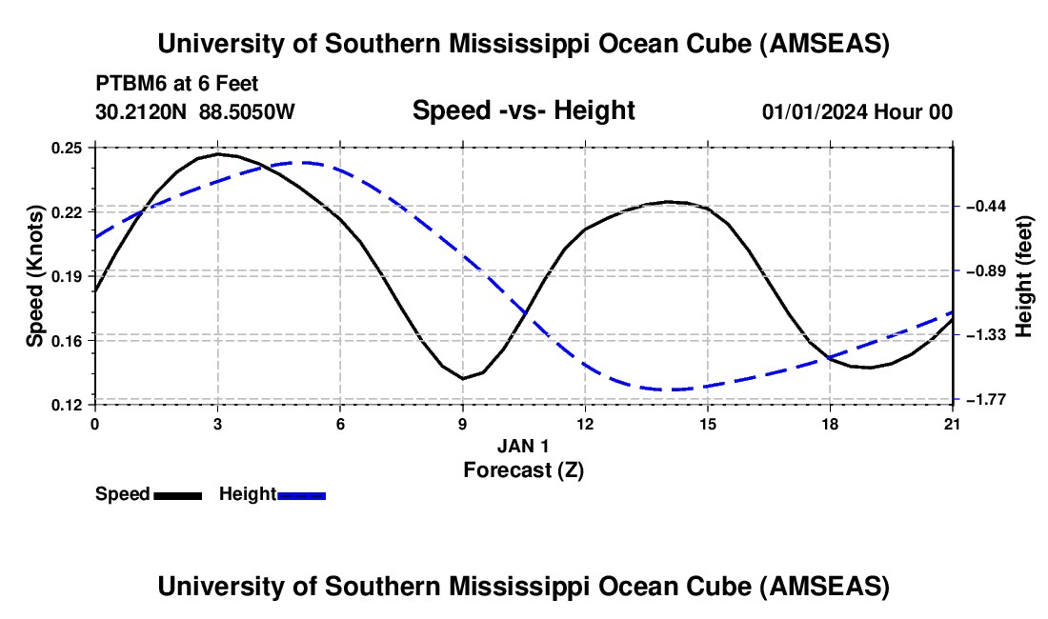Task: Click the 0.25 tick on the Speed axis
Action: pyautogui.click(x=67, y=148)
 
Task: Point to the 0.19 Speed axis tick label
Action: pyautogui.click(x=67, y=276)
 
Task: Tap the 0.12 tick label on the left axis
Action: pyautogui.click(x=67, y=405)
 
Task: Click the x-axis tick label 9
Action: pyautogui.click(x=463, y=422)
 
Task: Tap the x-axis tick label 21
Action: pyautogui.click(x=953, y=422)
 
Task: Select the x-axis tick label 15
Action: pyautogui.click(x=708, y=422)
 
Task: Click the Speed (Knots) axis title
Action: pyautogui.click(x=35, y=276)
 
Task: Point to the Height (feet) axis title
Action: pyautogui.click(x=1025, y=276)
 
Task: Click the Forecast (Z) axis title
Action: pyautogui.click(x=523, y=469)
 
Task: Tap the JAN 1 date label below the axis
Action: pyautogui.click(x=523, y=446)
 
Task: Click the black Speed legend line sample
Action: pyautogui.click(x=177, y=495)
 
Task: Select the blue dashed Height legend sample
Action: pyautogui.click(x=302, y=495)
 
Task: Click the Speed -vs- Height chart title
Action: pyautogui.click(x=523, y=110)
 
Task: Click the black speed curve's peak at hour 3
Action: pyautogui.click(x=218, y=153)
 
